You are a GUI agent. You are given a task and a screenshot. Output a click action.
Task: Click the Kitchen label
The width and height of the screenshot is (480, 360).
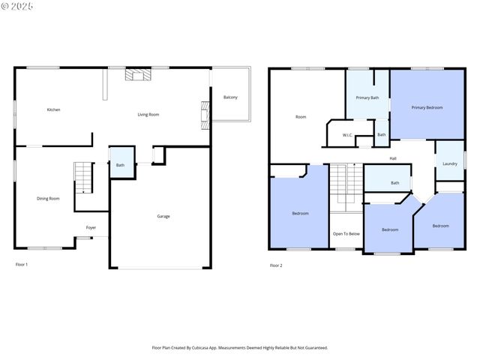[x=53, y=109]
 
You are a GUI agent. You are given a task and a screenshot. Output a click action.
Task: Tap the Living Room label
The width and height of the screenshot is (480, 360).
[x=148, y=115]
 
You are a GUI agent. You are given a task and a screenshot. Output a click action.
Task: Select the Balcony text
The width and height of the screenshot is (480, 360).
[x=230, y=97]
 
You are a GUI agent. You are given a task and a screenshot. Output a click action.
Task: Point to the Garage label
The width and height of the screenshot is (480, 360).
[x=163, y=216]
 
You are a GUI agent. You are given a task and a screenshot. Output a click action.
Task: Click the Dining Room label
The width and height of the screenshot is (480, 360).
[x=48, y=198]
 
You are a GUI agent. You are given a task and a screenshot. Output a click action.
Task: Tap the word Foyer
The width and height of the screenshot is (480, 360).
[x=91, y=227]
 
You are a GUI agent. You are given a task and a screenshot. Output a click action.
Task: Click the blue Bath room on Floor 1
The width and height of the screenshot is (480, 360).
[x=122, y=162]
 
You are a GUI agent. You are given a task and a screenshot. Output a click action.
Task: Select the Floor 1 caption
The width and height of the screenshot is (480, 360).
[x=22, y=265]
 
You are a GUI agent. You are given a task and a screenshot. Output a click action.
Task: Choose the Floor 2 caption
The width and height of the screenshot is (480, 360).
[x=276, y=265]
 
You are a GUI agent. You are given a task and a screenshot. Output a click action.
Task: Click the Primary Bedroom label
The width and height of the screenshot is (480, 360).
[x=427, y=107]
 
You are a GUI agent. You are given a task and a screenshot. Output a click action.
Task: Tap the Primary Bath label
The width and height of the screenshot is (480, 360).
[x=367, y=97]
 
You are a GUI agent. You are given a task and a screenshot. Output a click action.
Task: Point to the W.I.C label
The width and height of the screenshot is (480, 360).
[x=347, y=135]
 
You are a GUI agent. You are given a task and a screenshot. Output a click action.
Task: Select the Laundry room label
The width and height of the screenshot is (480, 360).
[x=450, y=163]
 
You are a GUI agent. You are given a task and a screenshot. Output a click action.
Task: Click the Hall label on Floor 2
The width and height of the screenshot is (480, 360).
[x=393, y=158]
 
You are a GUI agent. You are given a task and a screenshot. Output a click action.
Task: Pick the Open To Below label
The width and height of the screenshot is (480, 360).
[x=346, y=234]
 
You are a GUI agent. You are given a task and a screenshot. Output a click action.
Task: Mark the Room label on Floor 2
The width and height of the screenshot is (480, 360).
[x=301, y=117]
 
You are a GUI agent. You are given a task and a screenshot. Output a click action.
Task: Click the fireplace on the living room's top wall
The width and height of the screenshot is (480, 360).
[x=138, y=74]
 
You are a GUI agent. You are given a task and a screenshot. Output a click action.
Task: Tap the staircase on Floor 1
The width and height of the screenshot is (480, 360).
[x=83, y=178]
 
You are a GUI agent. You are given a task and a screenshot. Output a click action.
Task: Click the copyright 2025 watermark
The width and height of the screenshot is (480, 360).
[x=16, y=6]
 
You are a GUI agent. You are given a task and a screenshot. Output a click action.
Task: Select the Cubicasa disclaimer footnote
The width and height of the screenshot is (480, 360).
[x=240, y=348]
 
